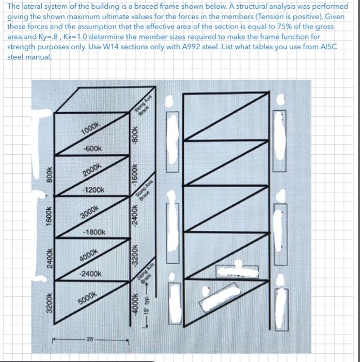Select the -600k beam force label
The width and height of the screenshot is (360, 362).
click(x=93, y=148)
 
